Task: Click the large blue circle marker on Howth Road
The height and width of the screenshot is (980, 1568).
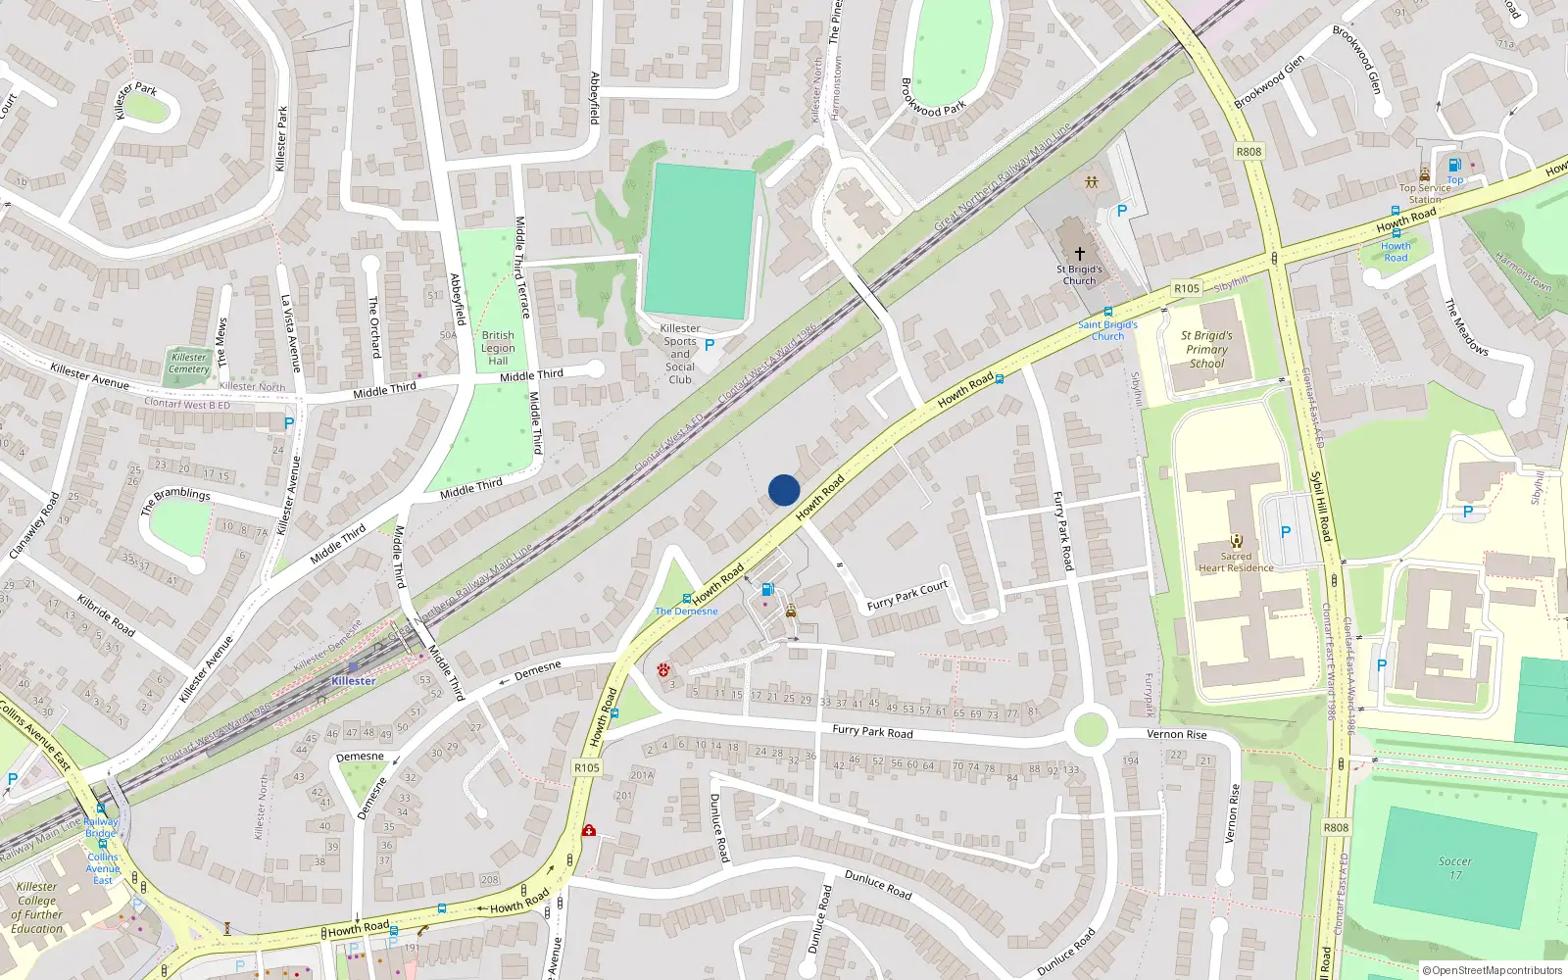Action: coord(784,490)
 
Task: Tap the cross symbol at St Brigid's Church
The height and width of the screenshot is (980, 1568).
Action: coord(1079,253)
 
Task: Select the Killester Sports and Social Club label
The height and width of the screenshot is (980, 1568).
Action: coord(680,354)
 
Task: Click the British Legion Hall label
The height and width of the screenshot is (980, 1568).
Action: coord(498,348)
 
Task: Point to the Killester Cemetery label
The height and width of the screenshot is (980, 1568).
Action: coord(188,363)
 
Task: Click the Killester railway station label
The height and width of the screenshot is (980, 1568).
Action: coord(353,680)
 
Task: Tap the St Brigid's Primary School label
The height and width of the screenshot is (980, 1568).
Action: coord(1206,349)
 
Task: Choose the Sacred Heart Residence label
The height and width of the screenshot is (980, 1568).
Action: coord(1236,562)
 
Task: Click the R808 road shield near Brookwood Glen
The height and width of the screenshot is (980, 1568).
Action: coord(1249,152)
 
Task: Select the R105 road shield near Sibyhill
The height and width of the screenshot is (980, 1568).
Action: coord(1186,288)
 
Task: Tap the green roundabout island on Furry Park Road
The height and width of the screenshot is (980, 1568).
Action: coord(1090,730)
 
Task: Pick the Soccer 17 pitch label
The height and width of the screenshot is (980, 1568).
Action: coord(1455,868)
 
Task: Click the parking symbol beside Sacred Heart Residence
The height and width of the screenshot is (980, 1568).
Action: coord(1285,532)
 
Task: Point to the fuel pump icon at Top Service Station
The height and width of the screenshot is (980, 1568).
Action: coord(1454,165)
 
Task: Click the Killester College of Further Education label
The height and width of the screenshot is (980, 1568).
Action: coord(37,907)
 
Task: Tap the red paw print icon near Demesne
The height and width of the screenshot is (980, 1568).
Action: coord(663,670)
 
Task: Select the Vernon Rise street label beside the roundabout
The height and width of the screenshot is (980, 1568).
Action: coord(1176,734)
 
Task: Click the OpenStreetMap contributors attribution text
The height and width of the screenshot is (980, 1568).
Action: coord(1492,970)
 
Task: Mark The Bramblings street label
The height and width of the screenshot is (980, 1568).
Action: coord(175,500)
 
